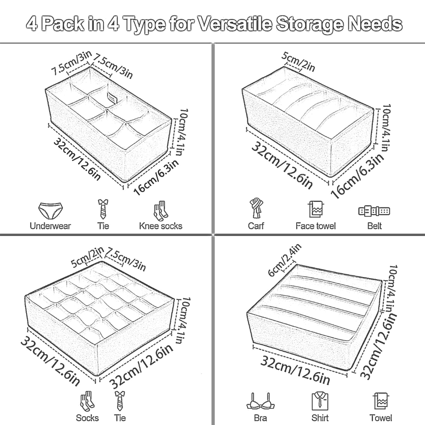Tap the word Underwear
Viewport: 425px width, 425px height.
pyautogui.click(x=50, y=226)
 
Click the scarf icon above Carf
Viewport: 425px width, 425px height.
pyautogui.click(x=256, y=208)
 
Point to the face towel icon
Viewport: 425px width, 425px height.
pyautogui.click(x=316, y=209)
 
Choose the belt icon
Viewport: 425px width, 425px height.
pyautogui.click(x=374, y=211)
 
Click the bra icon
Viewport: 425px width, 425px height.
pyautogui.click(x=260, y=401)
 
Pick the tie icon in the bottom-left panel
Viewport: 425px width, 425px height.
pyautogui.click(x=120, y=401)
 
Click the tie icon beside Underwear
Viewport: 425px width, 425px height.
pyautogui.click(x=103, y=209)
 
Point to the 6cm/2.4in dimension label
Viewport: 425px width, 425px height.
pyautogui.click(x=284, y=260)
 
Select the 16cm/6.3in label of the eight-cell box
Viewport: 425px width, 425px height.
pyautogui.click(x=156, y=177)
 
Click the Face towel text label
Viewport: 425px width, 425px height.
pyautogui.click(x=316, y=226)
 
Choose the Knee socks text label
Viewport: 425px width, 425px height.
pyautogui.click(x=161, y=226)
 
